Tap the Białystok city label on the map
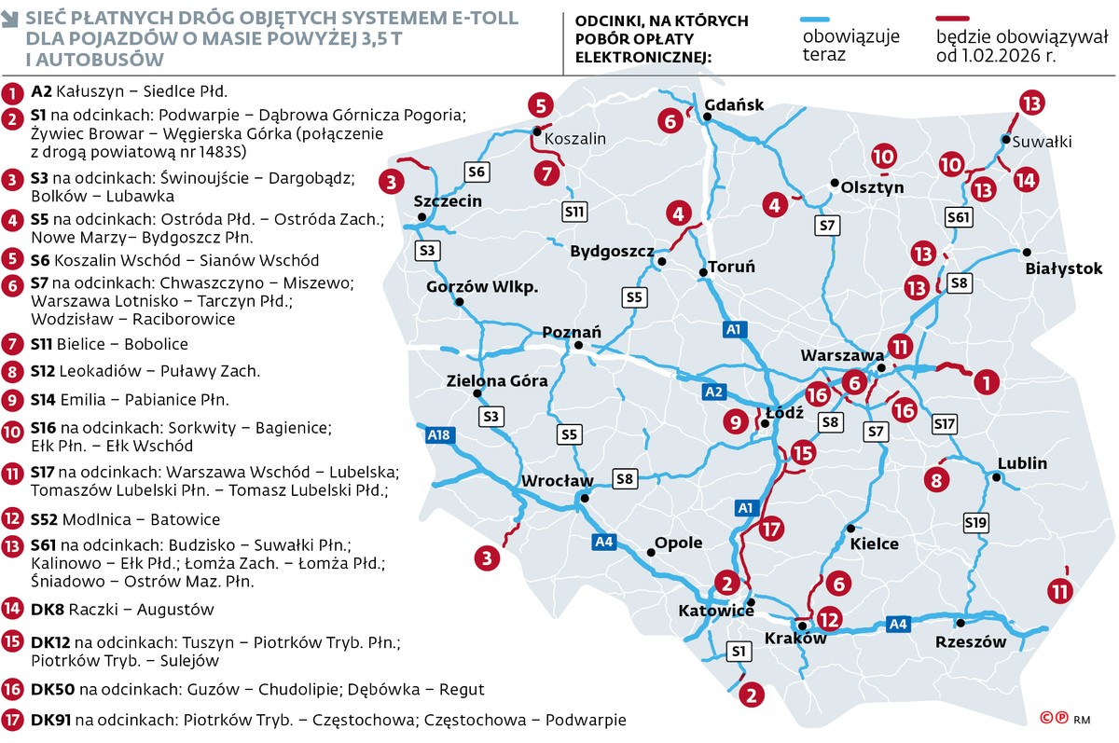(1063, 268)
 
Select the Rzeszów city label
(971, 641)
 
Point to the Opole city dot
(651, 552)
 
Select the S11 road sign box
(575, 212)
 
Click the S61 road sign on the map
(958, 217)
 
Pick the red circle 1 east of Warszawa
(986, 380)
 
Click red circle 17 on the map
(769, 530)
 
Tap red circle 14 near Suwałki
(1025, 179)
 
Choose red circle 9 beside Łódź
(736, 422)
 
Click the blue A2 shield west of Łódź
(713, 392)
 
